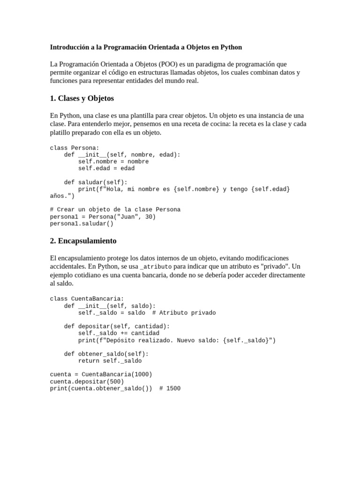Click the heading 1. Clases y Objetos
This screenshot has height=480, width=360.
(x=82, y=98)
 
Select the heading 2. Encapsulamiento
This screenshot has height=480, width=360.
(x=83, y=241)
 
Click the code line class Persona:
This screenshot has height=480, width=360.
(x=75, y=148)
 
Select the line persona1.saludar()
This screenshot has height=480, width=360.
(x=82, y=224)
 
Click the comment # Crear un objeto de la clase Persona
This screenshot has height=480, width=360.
(x=115, y=210)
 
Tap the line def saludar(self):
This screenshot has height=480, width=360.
(x=96, y=182)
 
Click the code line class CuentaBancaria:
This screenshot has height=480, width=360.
(x=87, y=299)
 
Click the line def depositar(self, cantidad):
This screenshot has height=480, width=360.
(x=117, y=326)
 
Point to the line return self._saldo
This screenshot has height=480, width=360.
(x=110, y=361)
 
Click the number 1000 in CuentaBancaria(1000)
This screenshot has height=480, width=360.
(x=142, y=374)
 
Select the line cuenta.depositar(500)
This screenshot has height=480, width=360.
(x=87, y=382)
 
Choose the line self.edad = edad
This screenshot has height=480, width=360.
(x=106, y=168)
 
